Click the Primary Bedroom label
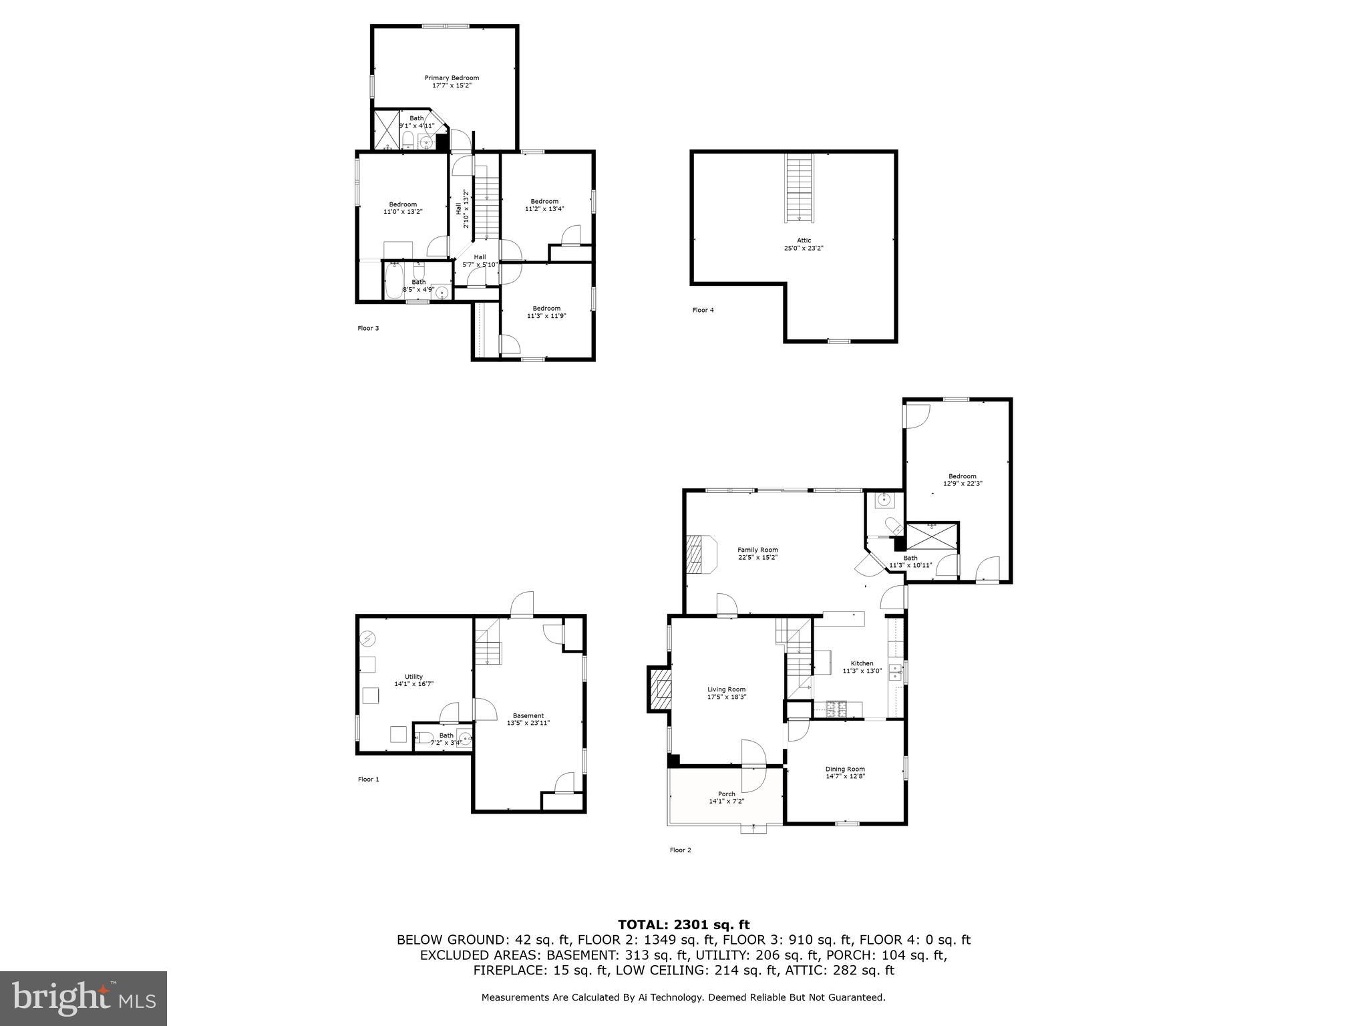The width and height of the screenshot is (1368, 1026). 452,78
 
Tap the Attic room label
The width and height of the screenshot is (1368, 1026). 804,240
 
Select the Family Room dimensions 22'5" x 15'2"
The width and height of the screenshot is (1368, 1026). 757,557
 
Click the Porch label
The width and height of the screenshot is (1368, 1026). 726,794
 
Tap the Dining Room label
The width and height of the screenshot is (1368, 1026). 845,769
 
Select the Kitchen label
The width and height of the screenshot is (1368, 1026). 862,663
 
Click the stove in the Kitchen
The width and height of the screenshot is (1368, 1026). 836,709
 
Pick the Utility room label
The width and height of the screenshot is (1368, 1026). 413,677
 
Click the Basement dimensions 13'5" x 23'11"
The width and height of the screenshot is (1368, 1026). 528,723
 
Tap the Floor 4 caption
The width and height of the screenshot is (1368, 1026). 703,310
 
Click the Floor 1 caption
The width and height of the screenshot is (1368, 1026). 368,779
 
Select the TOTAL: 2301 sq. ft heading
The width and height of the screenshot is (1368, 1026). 683,924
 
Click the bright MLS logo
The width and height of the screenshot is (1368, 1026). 83,999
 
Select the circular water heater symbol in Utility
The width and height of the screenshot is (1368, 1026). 367,639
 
